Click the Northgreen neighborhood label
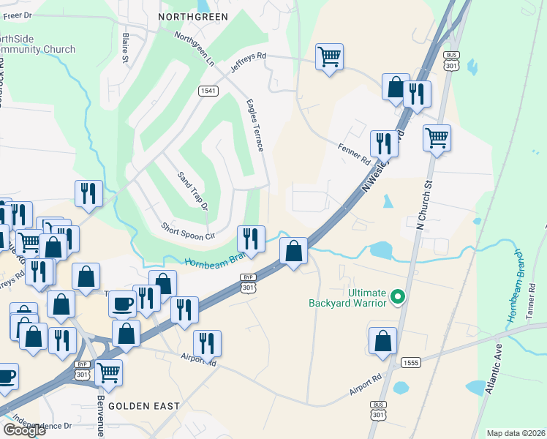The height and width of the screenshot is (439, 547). coord(193,16)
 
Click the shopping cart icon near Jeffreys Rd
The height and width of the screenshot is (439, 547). coord(330,57)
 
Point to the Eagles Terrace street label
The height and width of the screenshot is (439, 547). coord(254,125)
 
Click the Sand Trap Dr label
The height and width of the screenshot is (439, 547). coord(193,190)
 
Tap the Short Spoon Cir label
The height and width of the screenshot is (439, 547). coord(189,230)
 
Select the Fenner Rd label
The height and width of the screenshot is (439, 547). coord(355,154)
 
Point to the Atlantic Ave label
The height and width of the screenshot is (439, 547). coord(493,369)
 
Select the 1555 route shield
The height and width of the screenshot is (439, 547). coord(410,363)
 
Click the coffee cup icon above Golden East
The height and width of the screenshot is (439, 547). coord(122,303)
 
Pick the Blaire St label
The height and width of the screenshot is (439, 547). coord(126,47)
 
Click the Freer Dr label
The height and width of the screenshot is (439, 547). coord(18,15)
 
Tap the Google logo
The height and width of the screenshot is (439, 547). coord(24,430)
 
